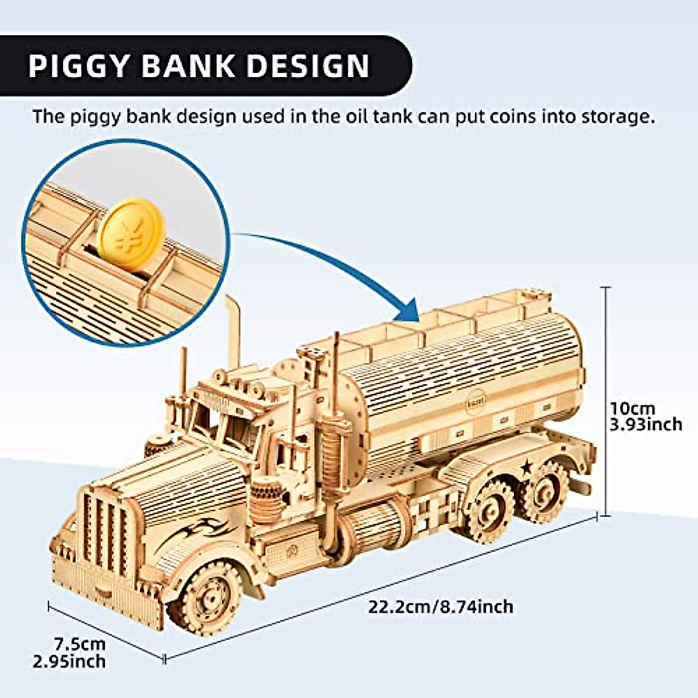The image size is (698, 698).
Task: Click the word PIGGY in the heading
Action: click(79, 65)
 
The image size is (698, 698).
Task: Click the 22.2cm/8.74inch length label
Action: click(440, 607)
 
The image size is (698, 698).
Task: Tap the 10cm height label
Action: click(632, 408)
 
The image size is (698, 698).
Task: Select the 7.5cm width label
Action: click(80, 644)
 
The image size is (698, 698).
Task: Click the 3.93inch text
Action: click(645, 424)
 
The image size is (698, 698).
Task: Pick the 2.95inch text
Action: click(70, 661)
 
